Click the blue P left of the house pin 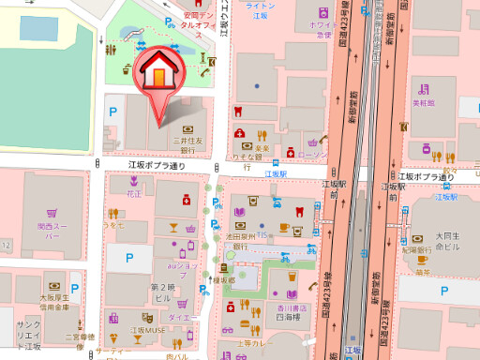coord(114,112)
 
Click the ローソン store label coord(312,154)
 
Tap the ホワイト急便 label coord(322,30)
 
